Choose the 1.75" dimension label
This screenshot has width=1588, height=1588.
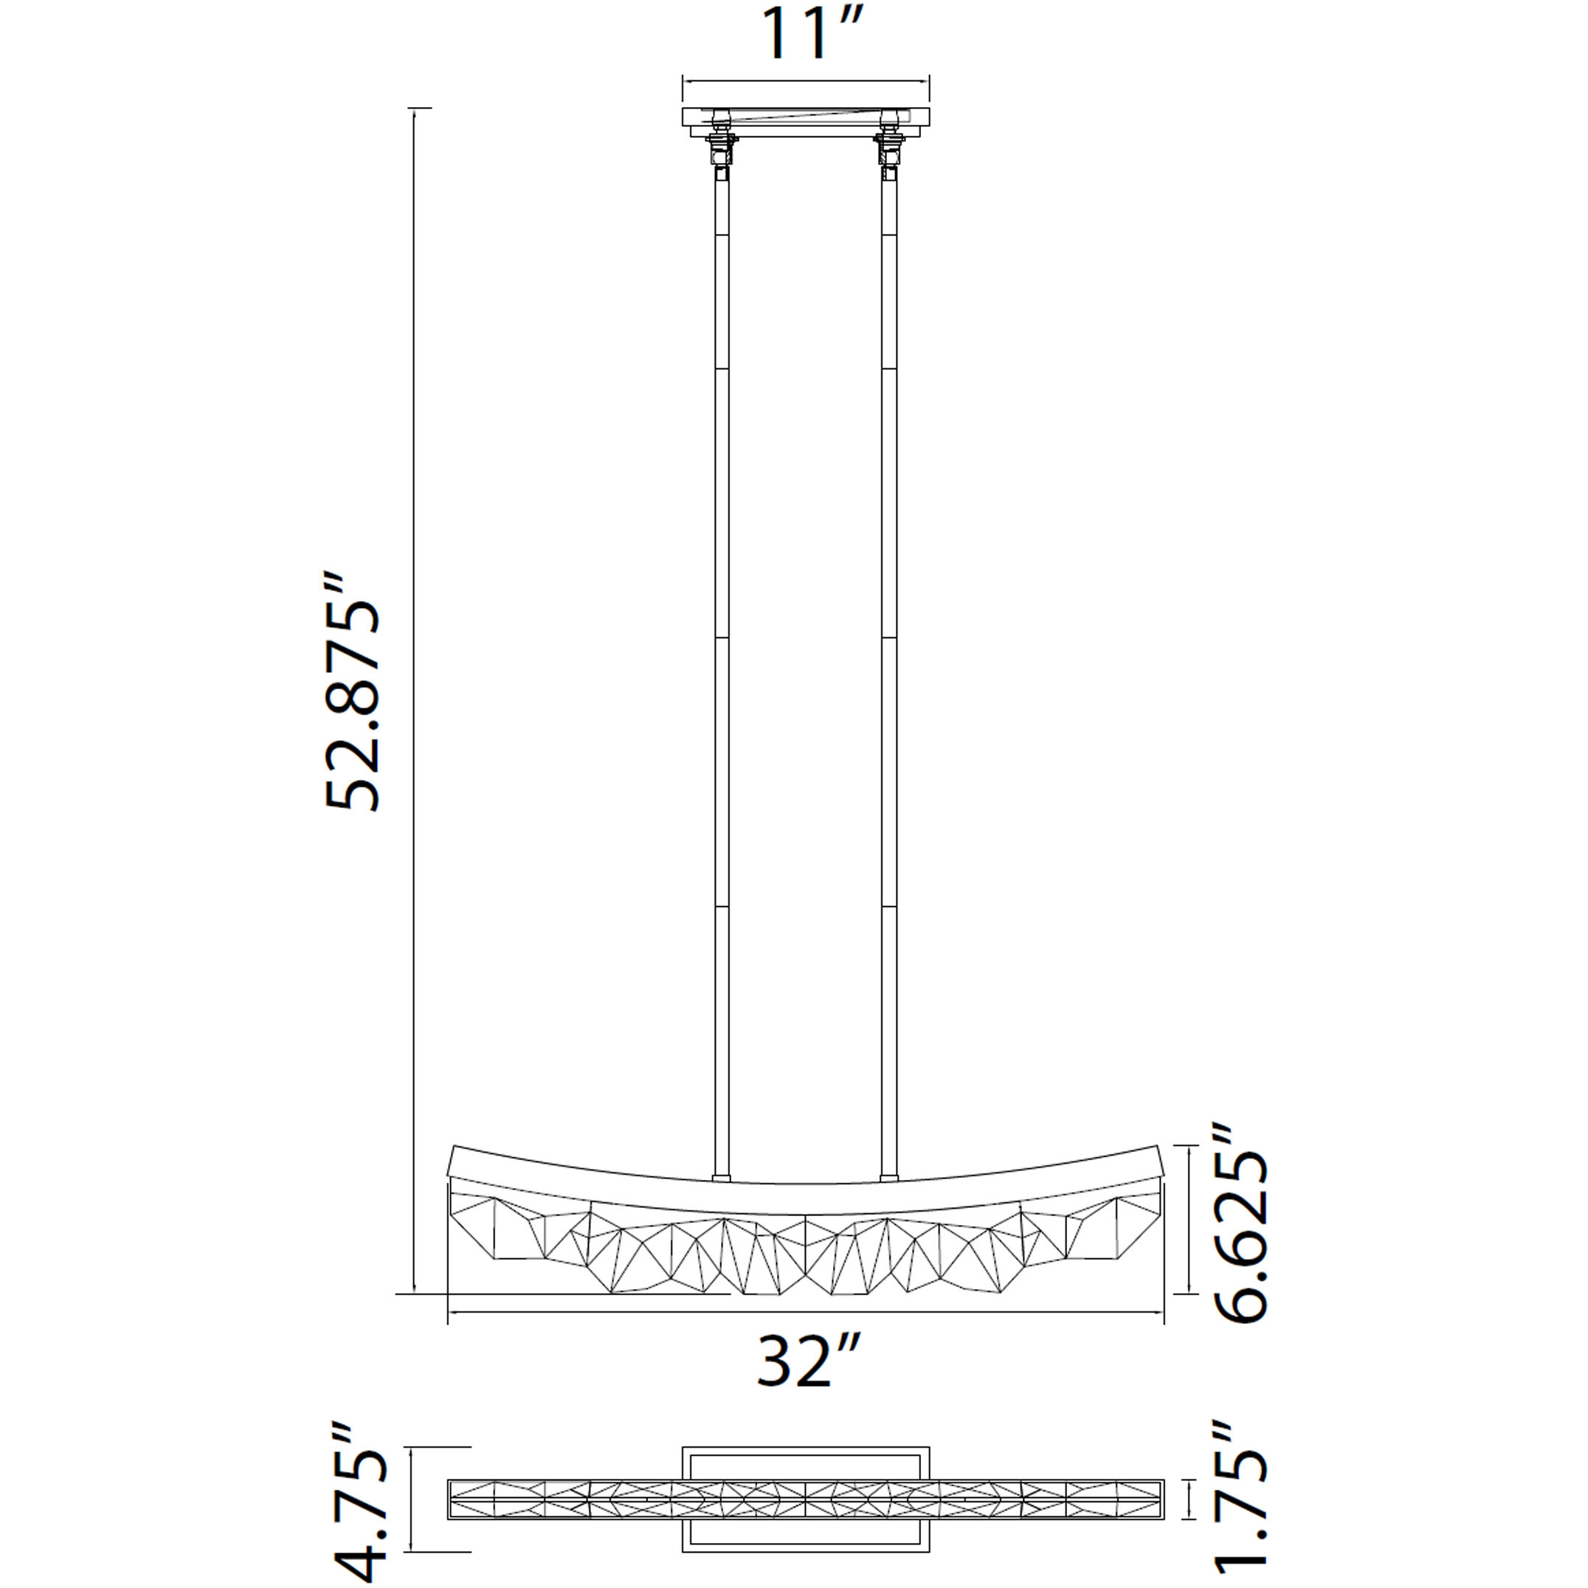click(x=1240, y=1504)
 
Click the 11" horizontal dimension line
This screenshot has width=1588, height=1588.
click(x=806, y=80)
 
